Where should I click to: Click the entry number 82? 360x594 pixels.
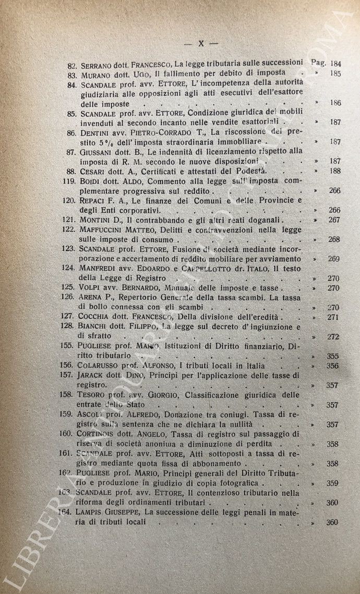[x=73, y=63]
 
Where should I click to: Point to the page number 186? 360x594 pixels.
[x=335, y=103]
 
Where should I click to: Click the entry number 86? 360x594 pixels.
[x=73, y=132]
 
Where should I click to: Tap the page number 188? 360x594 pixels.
[x=335, y=171]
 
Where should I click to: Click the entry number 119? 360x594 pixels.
[x=70, y=181]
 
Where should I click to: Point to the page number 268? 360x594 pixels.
[x=334, y=240]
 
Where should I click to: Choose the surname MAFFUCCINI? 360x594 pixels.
[x=107, y=230]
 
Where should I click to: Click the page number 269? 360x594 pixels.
[x=334, y=259]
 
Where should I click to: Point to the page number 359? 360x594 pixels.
[x=333, y=484]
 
